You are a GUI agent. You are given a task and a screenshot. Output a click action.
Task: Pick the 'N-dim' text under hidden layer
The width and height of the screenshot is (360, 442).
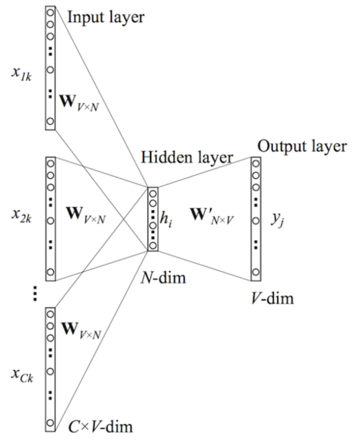point(164,279)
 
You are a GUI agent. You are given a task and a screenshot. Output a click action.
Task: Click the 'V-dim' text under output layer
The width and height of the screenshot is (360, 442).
point(272,297)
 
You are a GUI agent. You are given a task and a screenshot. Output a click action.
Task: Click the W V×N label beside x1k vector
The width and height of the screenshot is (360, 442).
point(80,104)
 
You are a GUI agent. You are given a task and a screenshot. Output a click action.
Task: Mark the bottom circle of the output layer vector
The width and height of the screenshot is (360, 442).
point(255,272)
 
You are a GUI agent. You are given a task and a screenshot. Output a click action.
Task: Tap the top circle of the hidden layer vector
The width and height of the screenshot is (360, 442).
point(153,193)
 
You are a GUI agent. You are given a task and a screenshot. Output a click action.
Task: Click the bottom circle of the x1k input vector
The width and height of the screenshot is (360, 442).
point(50,121)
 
